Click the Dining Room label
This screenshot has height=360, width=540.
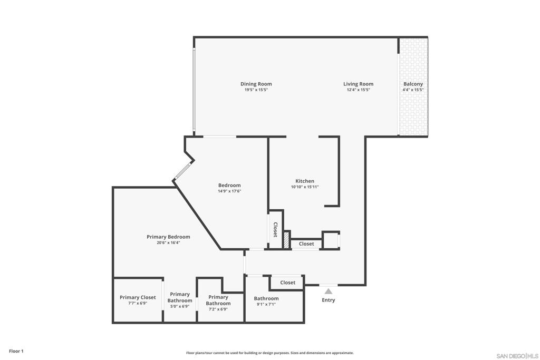pyautogui.click(x=256, y=84)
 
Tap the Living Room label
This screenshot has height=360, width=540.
pyautogui.click(x=358, y=84)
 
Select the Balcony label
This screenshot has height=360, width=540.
pyautogui.click(x=413, y=84)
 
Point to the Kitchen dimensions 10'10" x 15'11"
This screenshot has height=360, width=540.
pyautogui.click(x=305, y=187)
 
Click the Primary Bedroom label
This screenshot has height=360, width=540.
pyautogui.click(x=168, y=237)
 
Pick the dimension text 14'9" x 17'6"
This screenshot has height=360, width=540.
pyautogui.click(x=229, y=191)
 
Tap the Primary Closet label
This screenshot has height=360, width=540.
pyautogui.click(x=138, y=297)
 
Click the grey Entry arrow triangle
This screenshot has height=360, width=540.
pyautogui.click(x=329, y=290)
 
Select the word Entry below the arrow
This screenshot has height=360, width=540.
pyautogui.click(x=329, y=300)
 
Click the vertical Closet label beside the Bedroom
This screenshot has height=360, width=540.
pyautogui.click(x=275, y=230)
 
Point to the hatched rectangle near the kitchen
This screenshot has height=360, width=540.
pyautogui.click(x=286, y=240)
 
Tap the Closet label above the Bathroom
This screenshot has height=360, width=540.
pyautogui.click(x=288, y=283)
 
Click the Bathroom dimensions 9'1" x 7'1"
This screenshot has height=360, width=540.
pyautogui.click(x=266, y=304)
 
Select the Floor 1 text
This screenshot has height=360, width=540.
pyautogui.click(x=16, y=351)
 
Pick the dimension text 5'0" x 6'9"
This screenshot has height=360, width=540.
pyautogui.click(x=180, y=306)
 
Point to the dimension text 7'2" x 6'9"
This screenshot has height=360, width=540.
pyautogui.click(x=218, y=309)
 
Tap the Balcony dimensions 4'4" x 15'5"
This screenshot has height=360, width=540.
pyautogui.click(x=413, y=90)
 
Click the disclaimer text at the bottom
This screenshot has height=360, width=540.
pyautogui.click(x=269, y=353)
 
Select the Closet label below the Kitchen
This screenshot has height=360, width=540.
pyautogui.click(x=306, y=244)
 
